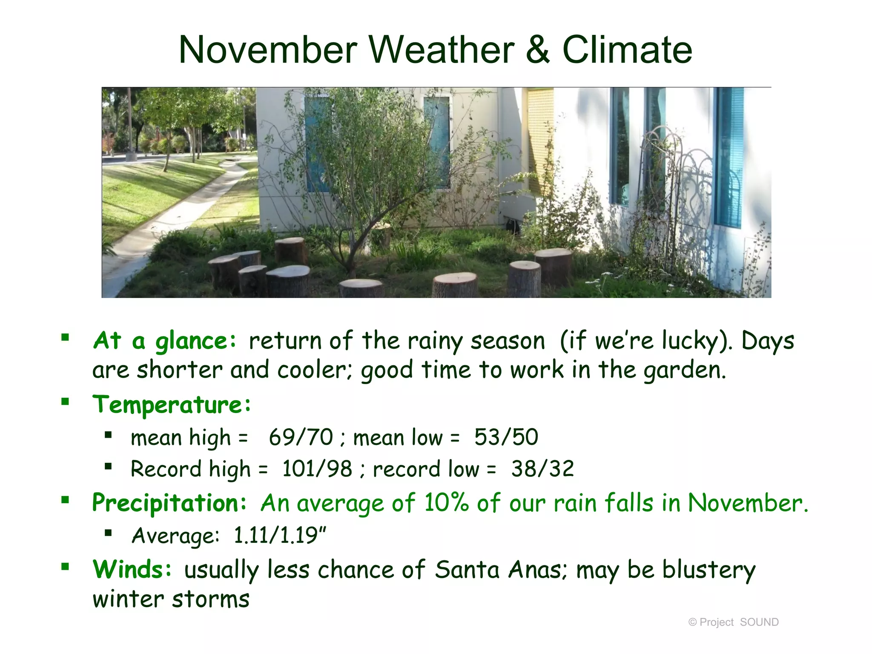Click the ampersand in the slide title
pyautogui.click(x=538, y=50)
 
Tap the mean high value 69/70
pyautogui.click(x=301, y=437)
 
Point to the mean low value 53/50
pyautogui.click(x=506, y=437)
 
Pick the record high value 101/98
pyautogui.click(x=317, y=469)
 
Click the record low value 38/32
pyautogui.click(x=542, y=469)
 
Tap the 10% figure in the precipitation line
pyautogui.click(x=446, y=503)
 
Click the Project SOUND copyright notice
pyautogui.click(x=733, y=622)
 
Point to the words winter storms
pyautogui.click(x=171, y=599)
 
